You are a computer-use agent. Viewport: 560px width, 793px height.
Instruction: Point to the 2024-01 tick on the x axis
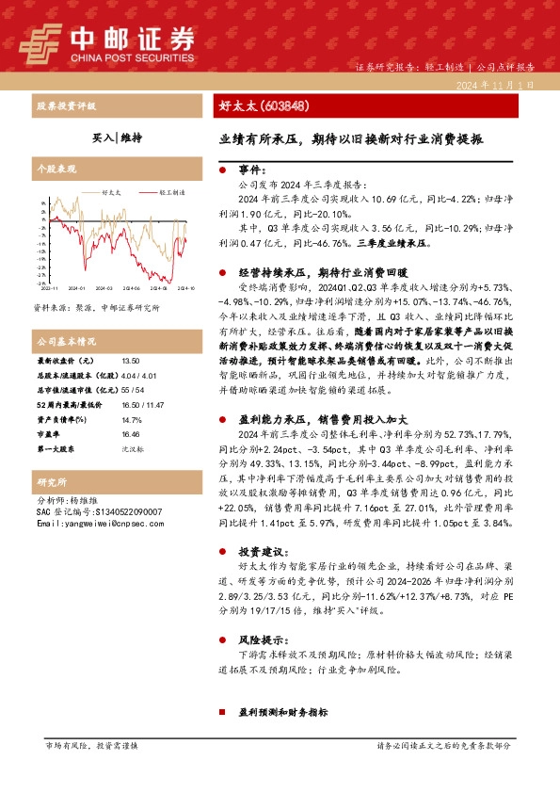[75, 289]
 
